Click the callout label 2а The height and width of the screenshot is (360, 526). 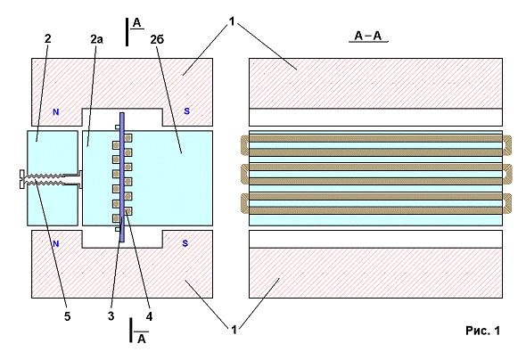pyautogui.click(x=96, y=39)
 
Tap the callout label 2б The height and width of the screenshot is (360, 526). pyautogui.click(x=157, y=39)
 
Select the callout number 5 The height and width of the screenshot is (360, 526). pyautogui.click(x=68, y=316)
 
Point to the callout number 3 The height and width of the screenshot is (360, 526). pyautogui.click(x=111, y=316)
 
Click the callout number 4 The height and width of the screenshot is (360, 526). pyautogui.click(x=149, y=316)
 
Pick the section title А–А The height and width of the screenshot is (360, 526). pyautogui.click(x=368, y=36)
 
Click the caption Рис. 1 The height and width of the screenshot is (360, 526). pyautogui.click(x=482, y=331)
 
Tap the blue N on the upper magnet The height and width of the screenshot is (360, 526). pyautogui.click(x=55, y=112)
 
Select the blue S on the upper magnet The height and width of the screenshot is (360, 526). pyautogui.click(x=187, y=111)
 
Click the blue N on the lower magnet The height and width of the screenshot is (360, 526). pyautogui.click(x=55, y=244)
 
